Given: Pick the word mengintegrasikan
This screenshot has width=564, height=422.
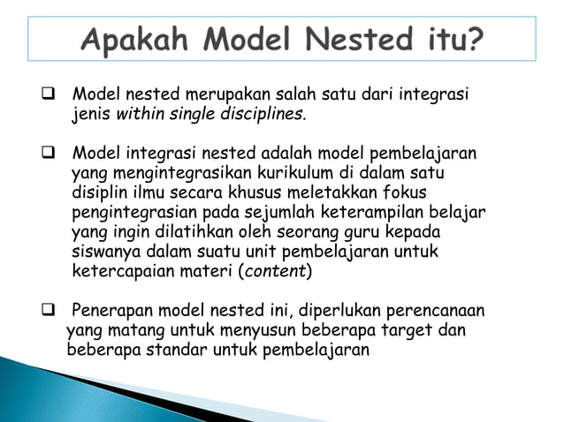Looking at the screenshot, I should click(x=159, y=173).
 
